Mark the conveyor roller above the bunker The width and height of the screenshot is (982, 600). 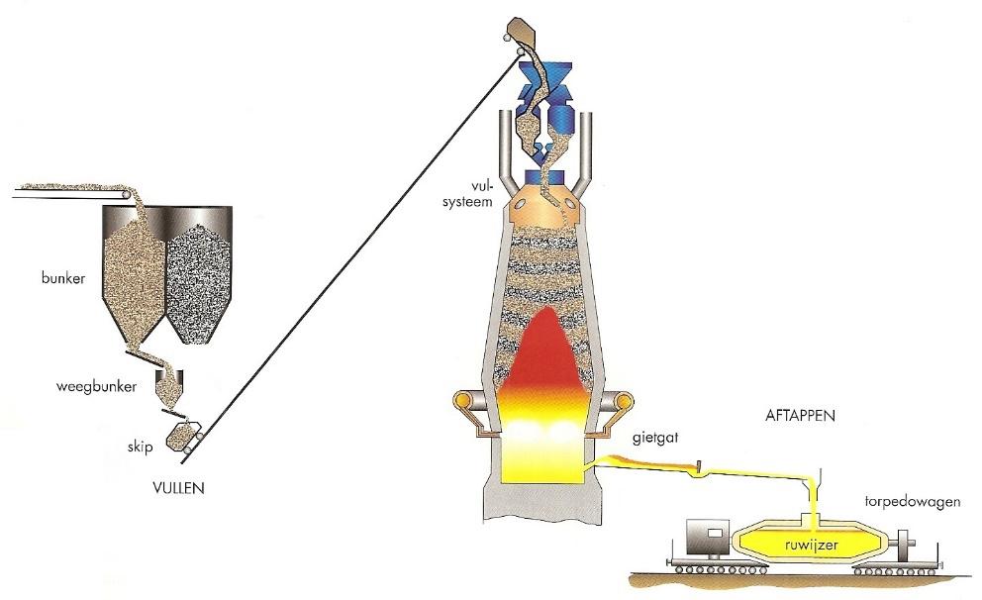121,198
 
